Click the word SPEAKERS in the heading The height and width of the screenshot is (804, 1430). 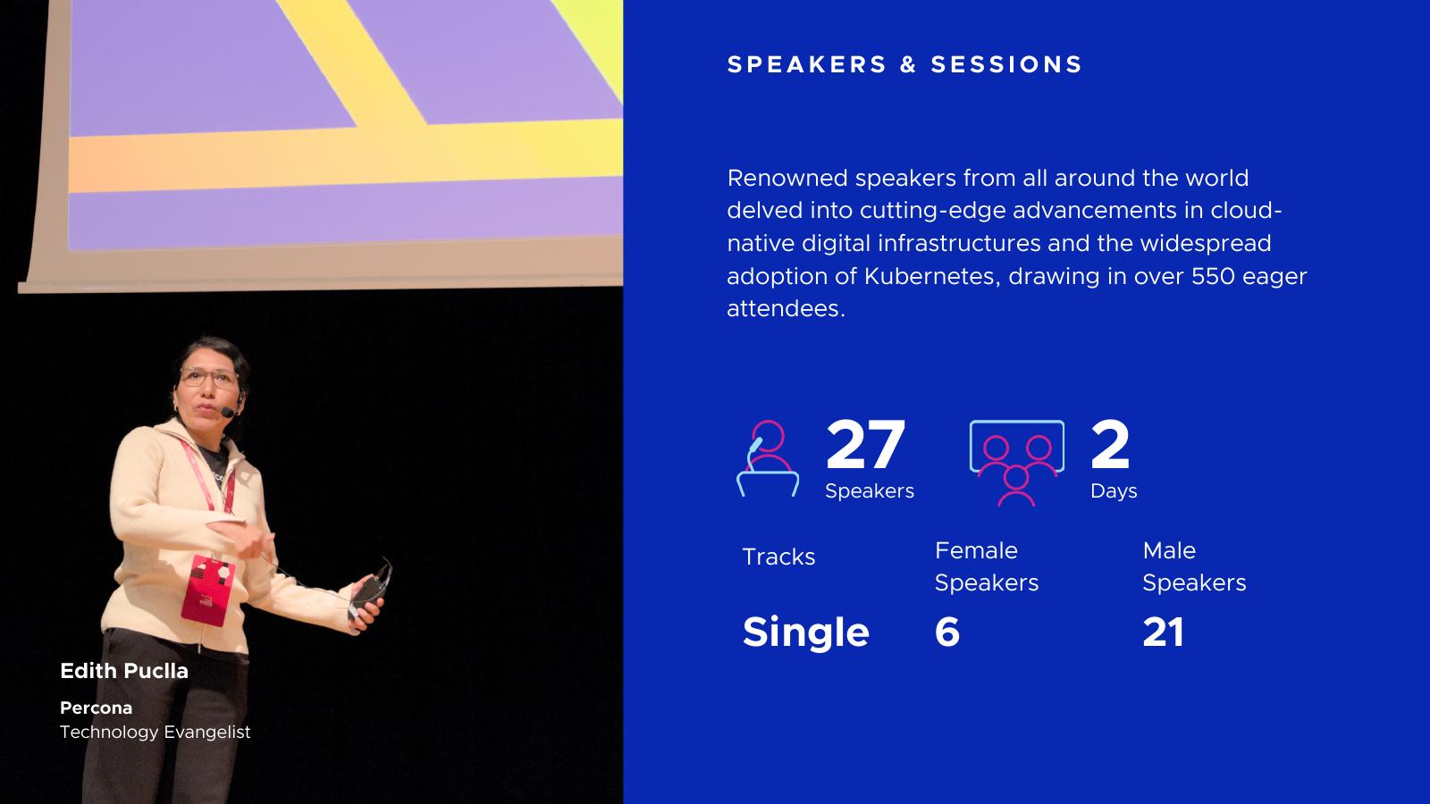click(807, 64)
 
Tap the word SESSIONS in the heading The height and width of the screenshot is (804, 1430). click(1006, 64)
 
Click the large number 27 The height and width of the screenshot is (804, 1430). click(865, 444)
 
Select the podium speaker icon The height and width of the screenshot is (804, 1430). click(768, 458)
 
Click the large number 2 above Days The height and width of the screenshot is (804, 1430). click(1110, 444)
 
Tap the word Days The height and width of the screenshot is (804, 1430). click(1114, 491)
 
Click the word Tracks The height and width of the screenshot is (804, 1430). click(778, 557)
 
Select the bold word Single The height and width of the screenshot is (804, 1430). click(805, 632)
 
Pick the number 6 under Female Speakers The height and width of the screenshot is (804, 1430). click(947, 632)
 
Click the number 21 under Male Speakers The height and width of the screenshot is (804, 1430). click(1163, 632)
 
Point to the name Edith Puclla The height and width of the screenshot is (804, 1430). click(124, 671)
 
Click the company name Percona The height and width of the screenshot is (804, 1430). click(96, 708)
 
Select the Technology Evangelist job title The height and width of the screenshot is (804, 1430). click(156, 732)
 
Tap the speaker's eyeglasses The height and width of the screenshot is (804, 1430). click(209, 378)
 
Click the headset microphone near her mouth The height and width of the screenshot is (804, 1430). click(227, 412)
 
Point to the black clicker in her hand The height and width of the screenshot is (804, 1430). click(369, 590)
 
